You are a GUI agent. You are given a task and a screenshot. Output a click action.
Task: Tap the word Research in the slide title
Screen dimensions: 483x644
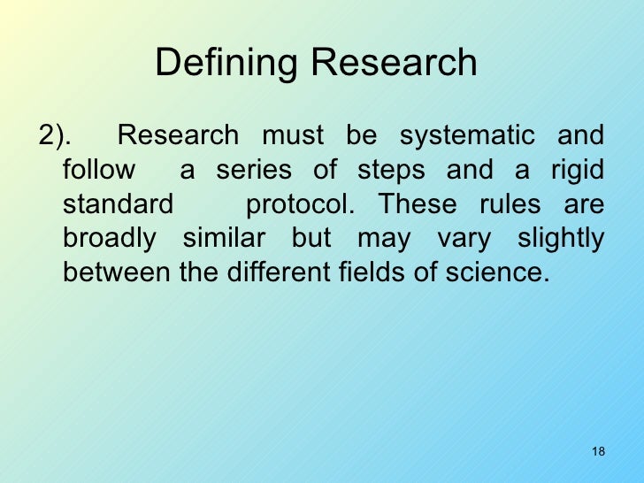point(395,63)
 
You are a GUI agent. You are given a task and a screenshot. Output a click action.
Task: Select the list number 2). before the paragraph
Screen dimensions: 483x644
point(56,135)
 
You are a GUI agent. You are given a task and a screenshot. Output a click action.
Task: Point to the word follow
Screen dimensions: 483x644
point(99,170)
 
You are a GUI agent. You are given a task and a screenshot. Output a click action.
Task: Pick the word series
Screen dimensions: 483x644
point(254,170)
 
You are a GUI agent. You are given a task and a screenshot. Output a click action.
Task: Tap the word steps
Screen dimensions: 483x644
point(392,170)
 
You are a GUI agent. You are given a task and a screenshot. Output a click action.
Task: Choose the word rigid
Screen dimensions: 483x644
point(578,170)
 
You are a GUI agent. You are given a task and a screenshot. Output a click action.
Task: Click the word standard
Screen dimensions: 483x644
point(119,204)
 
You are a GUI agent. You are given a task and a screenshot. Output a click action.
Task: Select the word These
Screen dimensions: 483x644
point(418,204)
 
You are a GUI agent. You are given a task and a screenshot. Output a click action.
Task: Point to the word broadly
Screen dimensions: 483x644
point(110,238)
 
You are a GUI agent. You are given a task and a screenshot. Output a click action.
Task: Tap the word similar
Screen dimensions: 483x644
point(224,238)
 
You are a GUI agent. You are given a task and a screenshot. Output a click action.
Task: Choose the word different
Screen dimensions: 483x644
point(269,272)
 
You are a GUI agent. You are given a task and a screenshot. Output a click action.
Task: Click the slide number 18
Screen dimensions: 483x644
point(597,452)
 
